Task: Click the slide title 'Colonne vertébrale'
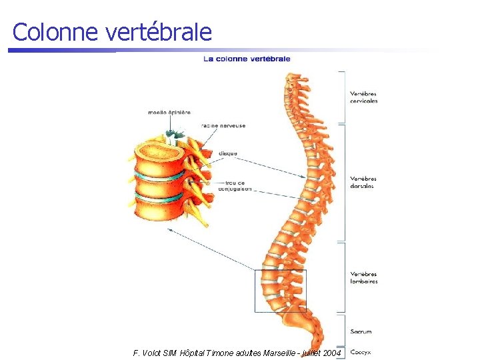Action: (112, 32)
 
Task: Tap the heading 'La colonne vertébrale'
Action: (247, 59)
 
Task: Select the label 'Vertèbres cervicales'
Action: (364, 97)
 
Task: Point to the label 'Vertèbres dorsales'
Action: (363, 182)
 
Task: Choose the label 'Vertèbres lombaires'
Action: (364, 277)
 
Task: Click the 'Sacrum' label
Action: (361, 331)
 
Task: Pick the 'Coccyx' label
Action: (361, 351)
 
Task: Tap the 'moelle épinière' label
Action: (169, 113)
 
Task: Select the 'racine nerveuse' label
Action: (223, 125)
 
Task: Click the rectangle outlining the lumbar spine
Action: (255, 291)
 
